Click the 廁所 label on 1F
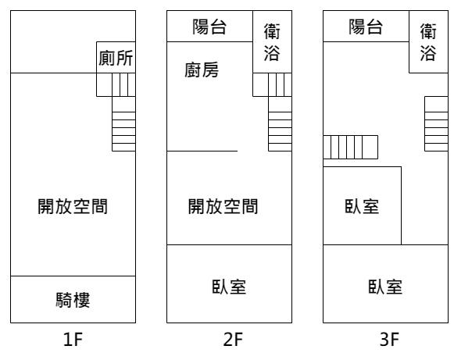click(116, 58)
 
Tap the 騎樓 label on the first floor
click(73, 300)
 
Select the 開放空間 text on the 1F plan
click(73, 206)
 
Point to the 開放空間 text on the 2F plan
click(223, 206)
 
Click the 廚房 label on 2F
click(202, 70)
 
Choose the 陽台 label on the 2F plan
click(209, 27)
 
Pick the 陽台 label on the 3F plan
click(366, 27)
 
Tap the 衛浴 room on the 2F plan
click(272, 42)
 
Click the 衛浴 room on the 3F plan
click(428, 42)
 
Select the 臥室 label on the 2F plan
click(229, 287)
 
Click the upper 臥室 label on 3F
click(362, 206)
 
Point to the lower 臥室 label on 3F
click(385, 287)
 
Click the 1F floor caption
click(73, 340)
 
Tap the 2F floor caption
click(233, 340)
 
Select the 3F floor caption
click(389, 340)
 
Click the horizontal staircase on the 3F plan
click(350, 147)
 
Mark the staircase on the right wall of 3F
click(436, 123)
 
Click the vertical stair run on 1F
click(123, 123)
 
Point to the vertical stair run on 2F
click(280, 123)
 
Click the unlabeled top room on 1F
click(54, 42)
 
